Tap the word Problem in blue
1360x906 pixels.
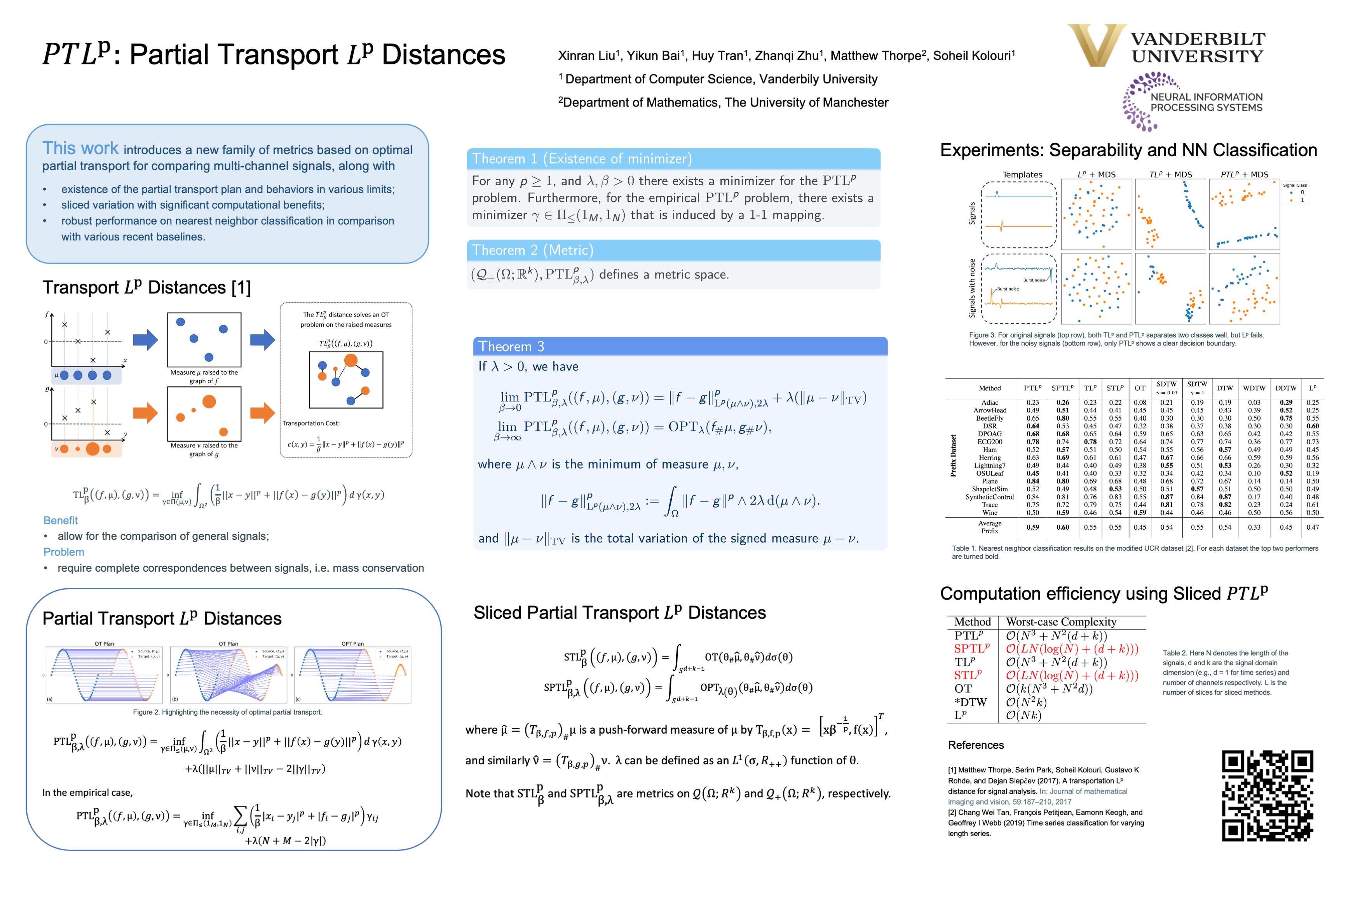click(x=64, y=552)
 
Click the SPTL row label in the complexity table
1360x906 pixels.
click(x=971, y=648)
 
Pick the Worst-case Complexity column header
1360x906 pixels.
click(x=1060, y=622)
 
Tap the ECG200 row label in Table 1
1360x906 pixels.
click(x=990, y=442)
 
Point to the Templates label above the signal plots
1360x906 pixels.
click(x=1022, y=174)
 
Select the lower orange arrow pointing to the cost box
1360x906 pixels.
click(x=262, y=412)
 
